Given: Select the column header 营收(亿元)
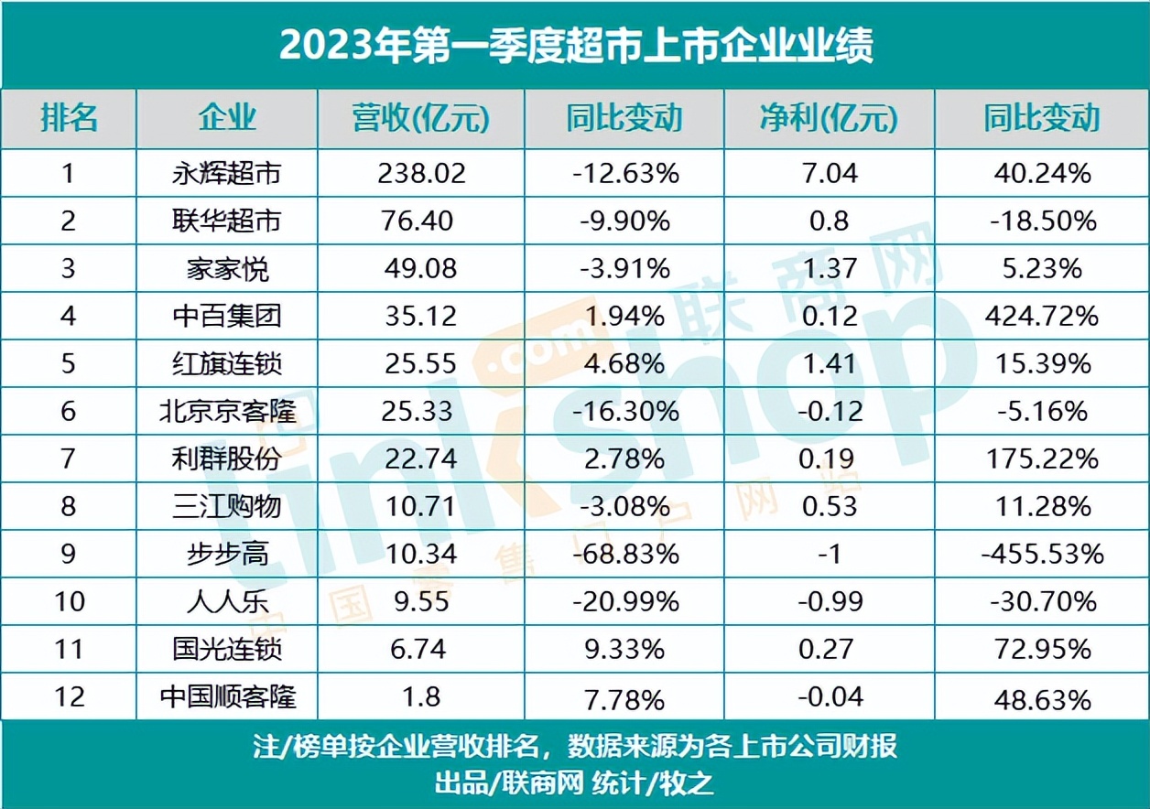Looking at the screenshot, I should pos(420,119).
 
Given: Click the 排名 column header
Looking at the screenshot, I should pos(69,119).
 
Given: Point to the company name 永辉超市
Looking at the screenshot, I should pos(227,173).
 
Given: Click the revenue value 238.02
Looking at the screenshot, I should pos(421,173).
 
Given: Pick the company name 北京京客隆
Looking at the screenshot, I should pos(227,411).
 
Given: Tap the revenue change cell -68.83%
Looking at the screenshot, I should pos(625,554).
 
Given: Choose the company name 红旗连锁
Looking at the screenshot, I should pos(227,364).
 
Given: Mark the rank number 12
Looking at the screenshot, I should pos(69,697).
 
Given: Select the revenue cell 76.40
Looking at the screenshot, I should pos(421,221).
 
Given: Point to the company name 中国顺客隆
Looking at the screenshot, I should pos(227,697).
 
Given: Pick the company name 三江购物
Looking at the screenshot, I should pos(227,506).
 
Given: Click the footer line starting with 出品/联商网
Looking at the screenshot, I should pos(575,783).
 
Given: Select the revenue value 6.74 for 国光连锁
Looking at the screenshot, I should pos(421,649).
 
